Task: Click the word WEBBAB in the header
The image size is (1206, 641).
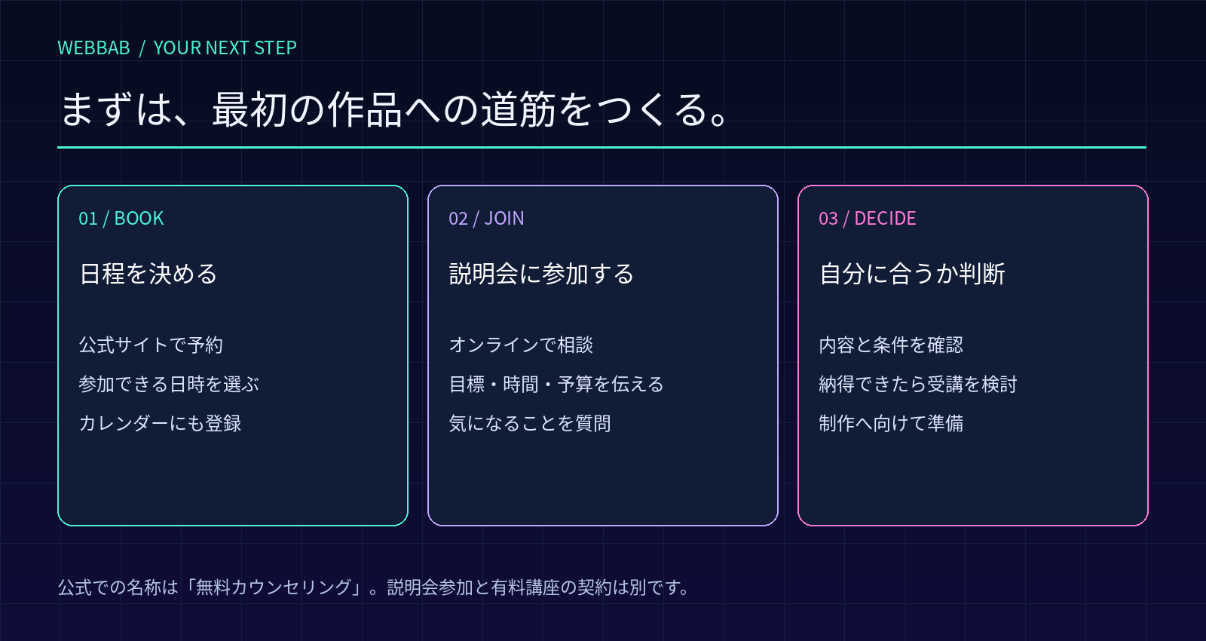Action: (x=93, y=48)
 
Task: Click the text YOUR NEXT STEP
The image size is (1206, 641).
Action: (x=225, y=48)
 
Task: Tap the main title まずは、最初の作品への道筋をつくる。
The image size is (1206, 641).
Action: (x=395, y=109)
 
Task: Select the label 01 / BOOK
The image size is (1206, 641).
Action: (x=121, y=218)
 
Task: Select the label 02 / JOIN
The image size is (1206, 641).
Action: (x=486, y=218)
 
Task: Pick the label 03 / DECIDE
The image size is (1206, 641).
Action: (x=868, y=218)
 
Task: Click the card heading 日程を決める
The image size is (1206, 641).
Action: (x=148, y=274)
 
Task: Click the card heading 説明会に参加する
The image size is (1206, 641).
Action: (x=541, y=274)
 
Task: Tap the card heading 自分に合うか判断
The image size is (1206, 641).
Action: (x=912, y=274)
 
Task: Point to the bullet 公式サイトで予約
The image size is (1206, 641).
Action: (x=151, y=345)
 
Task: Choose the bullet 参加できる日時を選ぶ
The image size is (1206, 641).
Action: (x=169, y=384)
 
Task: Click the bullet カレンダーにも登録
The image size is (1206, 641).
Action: (x=160, y=423)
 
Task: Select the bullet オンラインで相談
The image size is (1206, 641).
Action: (x=521, y=345)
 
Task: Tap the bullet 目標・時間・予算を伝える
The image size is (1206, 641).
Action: (x=556, y=384)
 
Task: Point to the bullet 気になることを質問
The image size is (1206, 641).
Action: (x=530, y=423)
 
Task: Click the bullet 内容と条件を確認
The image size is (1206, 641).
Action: (x=890, y=345)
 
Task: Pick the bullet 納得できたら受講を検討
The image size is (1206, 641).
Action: (x=917, y=384)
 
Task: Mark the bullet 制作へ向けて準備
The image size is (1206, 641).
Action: (x=890, y=423)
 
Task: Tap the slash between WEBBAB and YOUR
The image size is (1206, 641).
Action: (x=142, y=48)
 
